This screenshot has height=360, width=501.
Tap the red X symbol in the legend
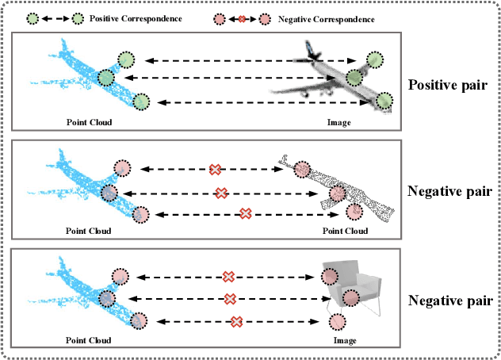[x=241, y=17]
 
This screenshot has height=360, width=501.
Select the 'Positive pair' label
[x=448, y=85]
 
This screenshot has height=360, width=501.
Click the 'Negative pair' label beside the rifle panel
[x=448, y=191]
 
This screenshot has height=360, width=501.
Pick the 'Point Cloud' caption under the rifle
[x=345, y=232]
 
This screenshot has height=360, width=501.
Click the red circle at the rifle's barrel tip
[x=354, y=210]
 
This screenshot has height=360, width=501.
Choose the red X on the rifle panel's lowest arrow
[x=246, y=213]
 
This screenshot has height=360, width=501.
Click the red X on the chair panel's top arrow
[x=228, y=276]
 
